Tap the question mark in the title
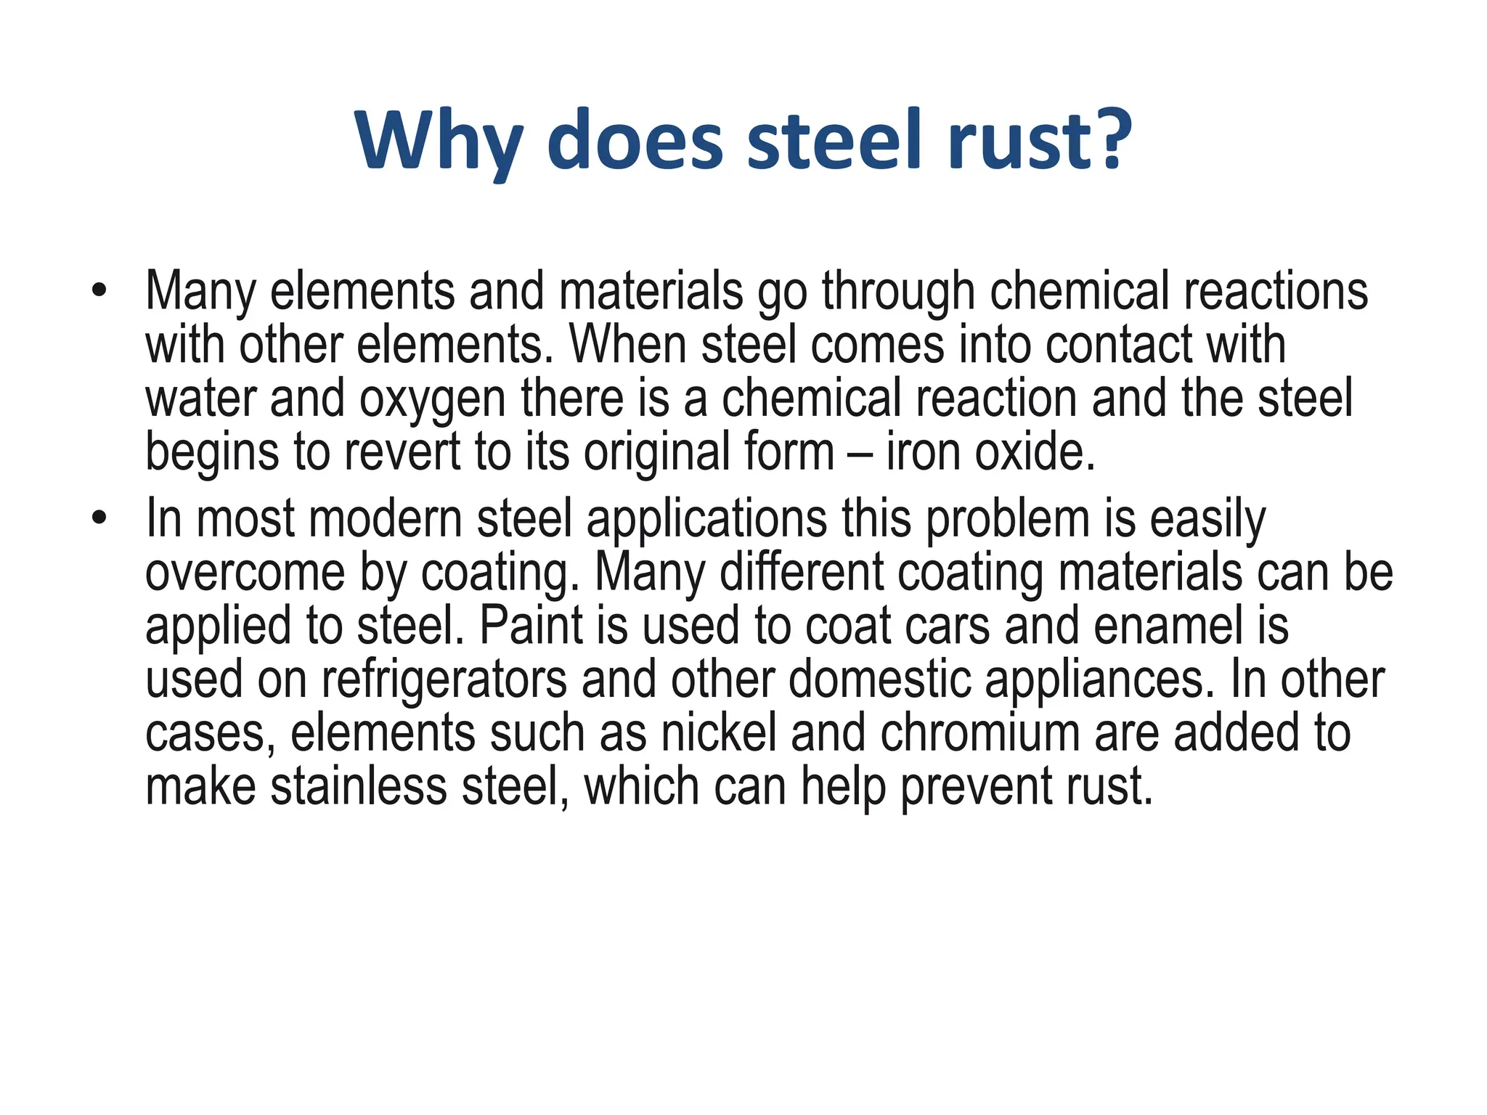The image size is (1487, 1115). [x=1108, y=138]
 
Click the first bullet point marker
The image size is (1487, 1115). [x=99, y=291]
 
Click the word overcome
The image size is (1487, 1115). [x=245, y=573]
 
